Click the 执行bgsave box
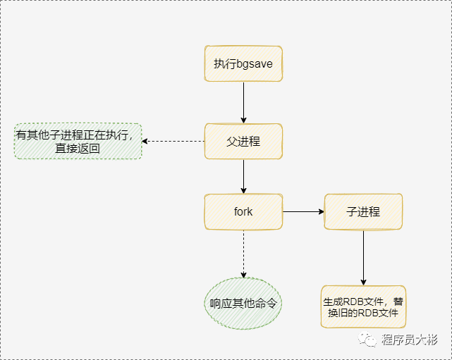tap(243, 63)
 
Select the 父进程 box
tap(243, 141)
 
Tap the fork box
tap(243, 211)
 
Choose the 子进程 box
tap(363, 211)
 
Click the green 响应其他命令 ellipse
tap(243, 304)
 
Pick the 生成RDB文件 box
tap(364, 306)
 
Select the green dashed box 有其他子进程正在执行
tap(78, 141)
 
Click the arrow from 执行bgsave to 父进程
tap(243, 102)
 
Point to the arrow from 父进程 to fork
tap(243, 176)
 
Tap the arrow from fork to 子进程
tap(303, 211)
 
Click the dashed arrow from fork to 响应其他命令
tap(243, 254)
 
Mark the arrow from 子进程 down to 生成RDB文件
tap(364, 257)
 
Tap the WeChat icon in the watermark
tap(369, 340)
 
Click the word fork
tap(243, 211)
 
